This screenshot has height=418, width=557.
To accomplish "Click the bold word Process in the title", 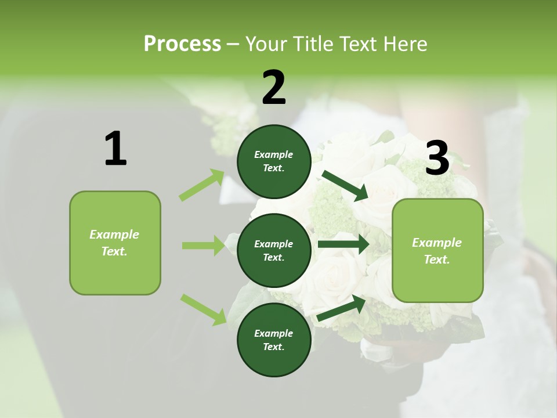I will coord(182,44).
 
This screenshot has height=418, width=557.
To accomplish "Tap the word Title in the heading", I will coord(312,44).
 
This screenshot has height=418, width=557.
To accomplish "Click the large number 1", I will coord(115,149).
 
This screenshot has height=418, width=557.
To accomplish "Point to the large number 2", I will coord(274,88).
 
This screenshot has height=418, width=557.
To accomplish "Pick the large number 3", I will coord(437,158).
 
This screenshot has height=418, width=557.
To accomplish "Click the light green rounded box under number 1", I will coord(115,243).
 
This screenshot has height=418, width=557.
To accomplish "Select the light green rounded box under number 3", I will coord(437,250).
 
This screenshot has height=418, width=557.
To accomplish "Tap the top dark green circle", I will coord(274,161).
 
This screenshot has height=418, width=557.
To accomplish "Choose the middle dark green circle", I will coord(274,250).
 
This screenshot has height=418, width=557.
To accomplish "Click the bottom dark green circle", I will coord(274,340).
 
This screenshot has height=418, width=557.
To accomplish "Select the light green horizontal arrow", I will coord(204,246).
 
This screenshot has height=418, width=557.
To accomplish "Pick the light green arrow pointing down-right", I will coord(203,309).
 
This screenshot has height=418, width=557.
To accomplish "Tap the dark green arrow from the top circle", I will coord(345,186).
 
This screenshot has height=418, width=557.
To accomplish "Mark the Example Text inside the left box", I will coord(114,243).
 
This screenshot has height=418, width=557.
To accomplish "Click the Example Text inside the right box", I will coord(437,251).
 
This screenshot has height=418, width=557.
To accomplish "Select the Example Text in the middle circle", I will coord(274,250).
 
